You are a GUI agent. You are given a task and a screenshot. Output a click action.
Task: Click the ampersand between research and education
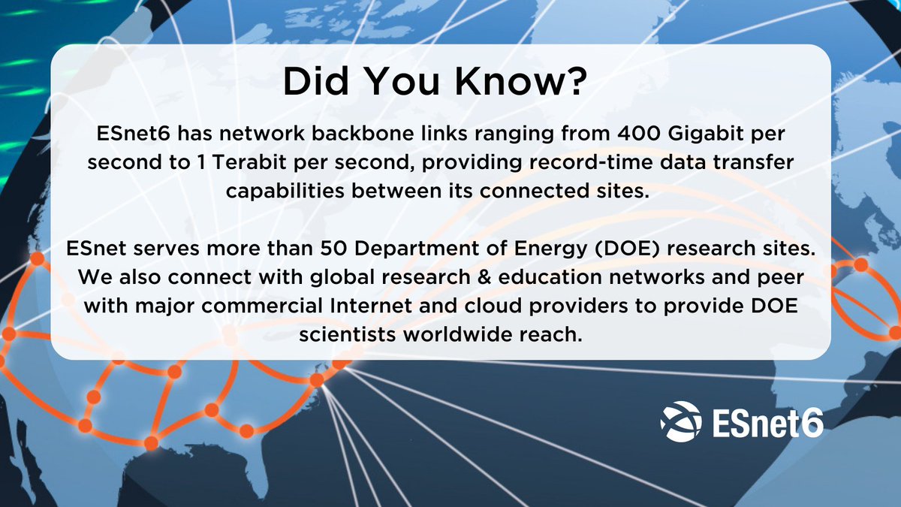[x=483, y=276]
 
